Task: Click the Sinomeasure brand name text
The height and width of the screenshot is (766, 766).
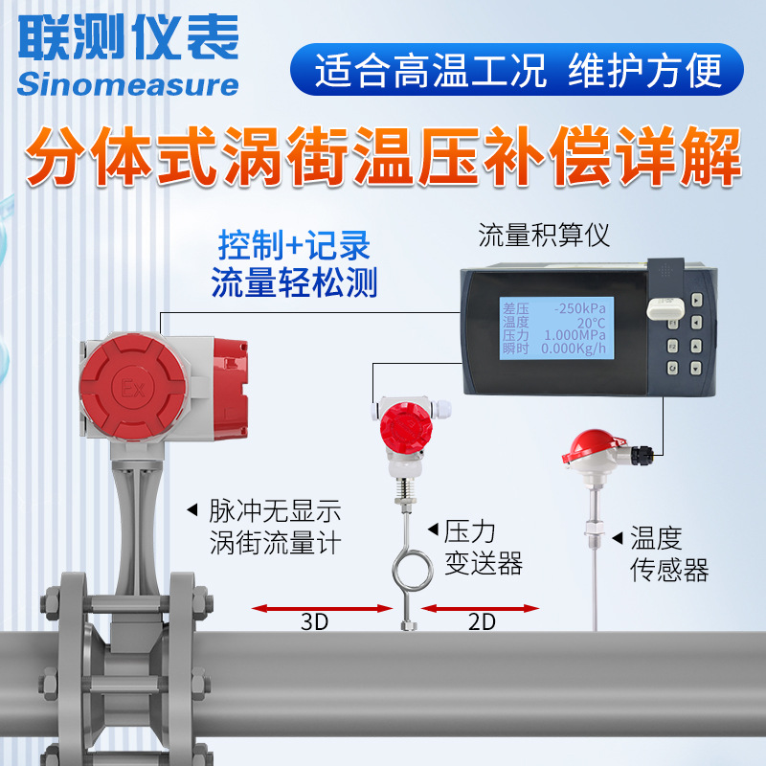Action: [x=126, y=83]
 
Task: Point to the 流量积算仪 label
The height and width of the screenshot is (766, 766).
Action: [x=544, y=235]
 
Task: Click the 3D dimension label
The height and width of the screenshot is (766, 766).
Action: [x=314, y=621]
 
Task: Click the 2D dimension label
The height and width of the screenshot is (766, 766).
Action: [x=482, y=621]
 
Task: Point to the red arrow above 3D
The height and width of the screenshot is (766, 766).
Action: [x=321, y=606]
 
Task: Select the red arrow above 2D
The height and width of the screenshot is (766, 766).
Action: [x=480, y=606]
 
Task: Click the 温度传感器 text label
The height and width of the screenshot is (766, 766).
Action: [x=668, y=555]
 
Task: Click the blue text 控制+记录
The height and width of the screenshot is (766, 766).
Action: [x=294, y=247]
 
